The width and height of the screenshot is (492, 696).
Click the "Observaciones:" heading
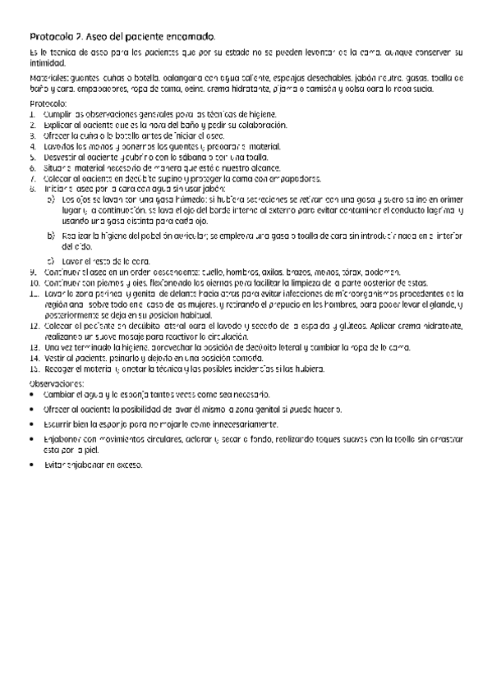[57, 383]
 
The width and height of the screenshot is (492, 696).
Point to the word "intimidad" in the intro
[48, 62]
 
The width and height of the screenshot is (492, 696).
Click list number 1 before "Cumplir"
[32, 113]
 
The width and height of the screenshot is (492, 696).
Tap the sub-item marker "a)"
[52, 199]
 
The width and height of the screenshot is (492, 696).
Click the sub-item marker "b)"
[52, 235]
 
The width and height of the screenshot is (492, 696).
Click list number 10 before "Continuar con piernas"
[33, 282]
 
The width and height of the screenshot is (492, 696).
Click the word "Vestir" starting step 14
[54, 358]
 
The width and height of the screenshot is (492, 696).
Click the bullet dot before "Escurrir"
[32, 424]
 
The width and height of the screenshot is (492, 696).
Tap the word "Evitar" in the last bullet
[54, 465]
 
